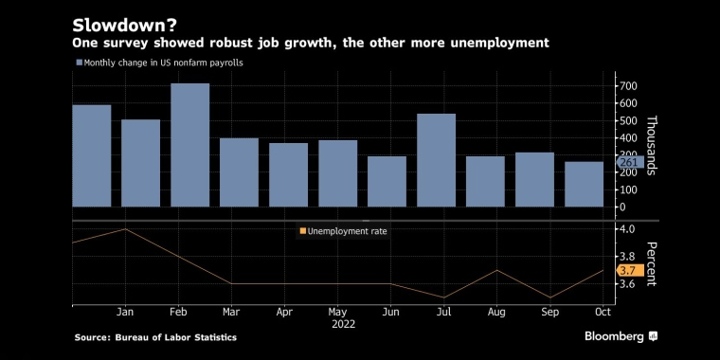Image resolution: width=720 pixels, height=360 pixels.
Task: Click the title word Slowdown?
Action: coord(123,26)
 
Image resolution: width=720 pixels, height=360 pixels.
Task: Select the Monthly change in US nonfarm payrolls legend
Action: coord(159,63)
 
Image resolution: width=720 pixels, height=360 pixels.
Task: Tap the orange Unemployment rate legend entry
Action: coord(343,231)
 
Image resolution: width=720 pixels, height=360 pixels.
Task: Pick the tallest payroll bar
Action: coord(189,145)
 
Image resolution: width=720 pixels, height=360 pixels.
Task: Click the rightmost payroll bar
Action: coord(585,184)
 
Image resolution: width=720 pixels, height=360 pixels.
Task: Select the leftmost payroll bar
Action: coord(91,155)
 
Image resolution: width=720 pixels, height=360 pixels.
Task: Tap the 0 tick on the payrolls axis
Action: coord(622,207)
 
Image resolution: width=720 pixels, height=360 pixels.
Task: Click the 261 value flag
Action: coord(629,162)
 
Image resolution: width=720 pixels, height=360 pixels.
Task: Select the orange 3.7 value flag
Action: coord(630,270)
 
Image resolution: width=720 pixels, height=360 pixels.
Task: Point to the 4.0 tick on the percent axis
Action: coord(627,228)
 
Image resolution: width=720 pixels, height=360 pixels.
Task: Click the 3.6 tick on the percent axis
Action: coord(627,284)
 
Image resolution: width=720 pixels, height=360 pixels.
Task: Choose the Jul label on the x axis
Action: coord(443,313)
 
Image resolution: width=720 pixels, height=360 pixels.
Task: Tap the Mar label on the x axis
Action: coord(231,313)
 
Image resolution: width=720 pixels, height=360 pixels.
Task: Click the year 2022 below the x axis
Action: coord(344,324)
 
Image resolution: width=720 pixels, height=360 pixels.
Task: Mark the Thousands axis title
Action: coord(652,145)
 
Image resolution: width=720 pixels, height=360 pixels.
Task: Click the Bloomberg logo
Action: coord(621,336)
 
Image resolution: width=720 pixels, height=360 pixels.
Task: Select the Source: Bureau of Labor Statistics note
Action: coord(155,337)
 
